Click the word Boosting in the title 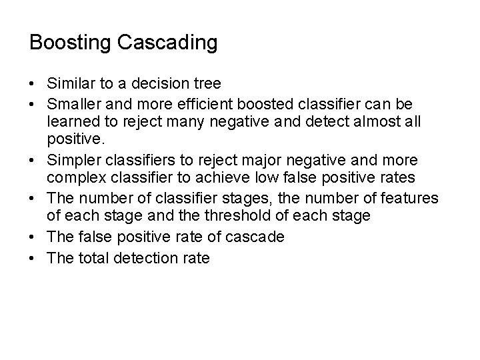70,43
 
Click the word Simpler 73,161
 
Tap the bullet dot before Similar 33,85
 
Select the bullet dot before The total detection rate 33,257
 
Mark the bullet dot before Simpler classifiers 33,161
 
